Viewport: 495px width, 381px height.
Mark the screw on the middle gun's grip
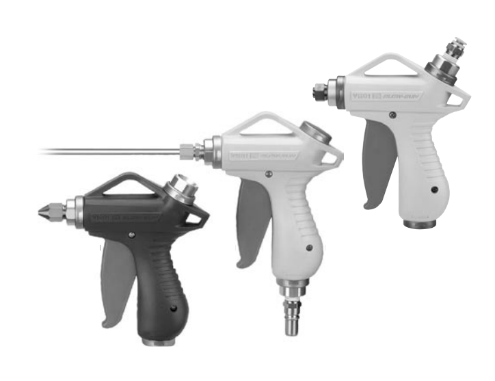[x=309, y=248]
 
